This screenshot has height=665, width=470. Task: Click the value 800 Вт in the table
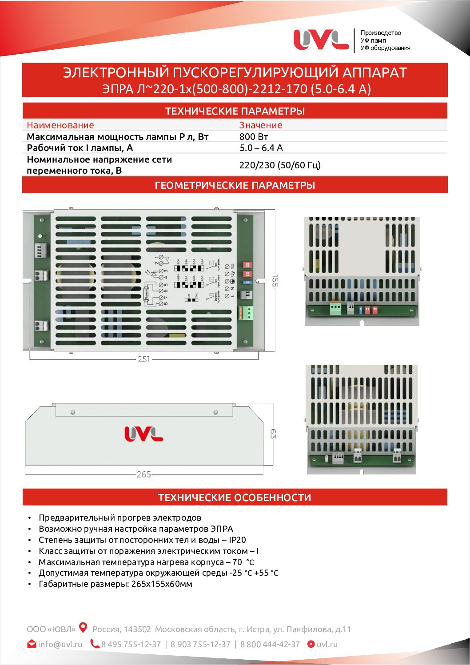(254, 137)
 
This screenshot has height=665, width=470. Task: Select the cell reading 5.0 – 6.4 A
(261, 148)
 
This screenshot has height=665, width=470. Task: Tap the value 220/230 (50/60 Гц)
(280, 165)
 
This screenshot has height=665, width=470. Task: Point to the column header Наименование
(60, 125)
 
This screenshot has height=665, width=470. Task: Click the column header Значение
(261, 125)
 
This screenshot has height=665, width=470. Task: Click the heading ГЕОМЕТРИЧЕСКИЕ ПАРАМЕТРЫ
(235, 185)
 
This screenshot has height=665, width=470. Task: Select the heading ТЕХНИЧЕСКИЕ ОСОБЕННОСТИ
(235, 498)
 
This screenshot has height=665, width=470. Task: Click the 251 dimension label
(143, 359)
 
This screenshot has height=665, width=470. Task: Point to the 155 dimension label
(275, 280)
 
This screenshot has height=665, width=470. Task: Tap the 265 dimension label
(144, 474)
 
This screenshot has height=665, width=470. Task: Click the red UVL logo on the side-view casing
(143, 434)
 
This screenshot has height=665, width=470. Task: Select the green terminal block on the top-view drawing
(246, 313)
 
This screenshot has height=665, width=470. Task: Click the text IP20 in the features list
(237, 540)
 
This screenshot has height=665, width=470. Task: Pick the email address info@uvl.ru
(60, 644)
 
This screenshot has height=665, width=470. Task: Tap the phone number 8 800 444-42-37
(270, 644)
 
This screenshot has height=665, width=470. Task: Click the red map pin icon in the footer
(83, 628)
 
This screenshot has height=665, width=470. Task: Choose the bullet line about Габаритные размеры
(116, 584)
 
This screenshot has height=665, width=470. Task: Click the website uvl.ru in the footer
(327, 644)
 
